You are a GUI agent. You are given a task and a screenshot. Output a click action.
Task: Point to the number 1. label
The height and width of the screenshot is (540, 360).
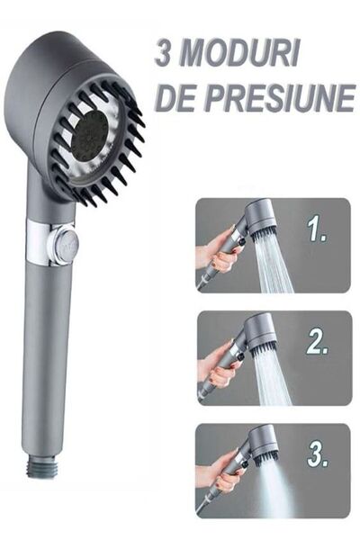pos(316,232)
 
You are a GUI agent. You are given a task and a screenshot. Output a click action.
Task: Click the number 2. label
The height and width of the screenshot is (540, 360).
pos(316,342)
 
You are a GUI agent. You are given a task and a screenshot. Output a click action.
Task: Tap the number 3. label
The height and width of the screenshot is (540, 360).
pos(316,453)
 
